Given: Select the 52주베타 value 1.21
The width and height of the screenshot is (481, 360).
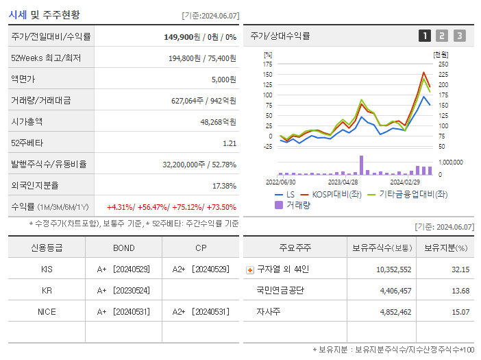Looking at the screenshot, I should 229,143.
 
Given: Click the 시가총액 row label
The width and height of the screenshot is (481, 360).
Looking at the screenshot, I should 27,122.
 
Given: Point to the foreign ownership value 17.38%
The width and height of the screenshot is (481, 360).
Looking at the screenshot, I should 224,186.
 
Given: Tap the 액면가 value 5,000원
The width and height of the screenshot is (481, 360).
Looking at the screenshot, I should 223,80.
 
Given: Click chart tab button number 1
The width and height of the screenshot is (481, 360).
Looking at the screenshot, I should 425,36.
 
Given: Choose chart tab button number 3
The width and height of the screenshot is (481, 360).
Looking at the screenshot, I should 459,36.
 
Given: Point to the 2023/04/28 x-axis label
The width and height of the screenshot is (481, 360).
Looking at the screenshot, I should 343,182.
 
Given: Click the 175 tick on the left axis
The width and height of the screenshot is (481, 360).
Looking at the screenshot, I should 267,64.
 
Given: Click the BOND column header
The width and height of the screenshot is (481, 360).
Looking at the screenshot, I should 123,248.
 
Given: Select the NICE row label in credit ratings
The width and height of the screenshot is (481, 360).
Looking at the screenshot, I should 47,311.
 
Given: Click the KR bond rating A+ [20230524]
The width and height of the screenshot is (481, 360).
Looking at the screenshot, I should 123,290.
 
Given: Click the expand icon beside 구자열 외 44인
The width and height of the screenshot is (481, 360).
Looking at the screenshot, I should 249,269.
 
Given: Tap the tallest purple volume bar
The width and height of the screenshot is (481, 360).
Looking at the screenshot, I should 361,165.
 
